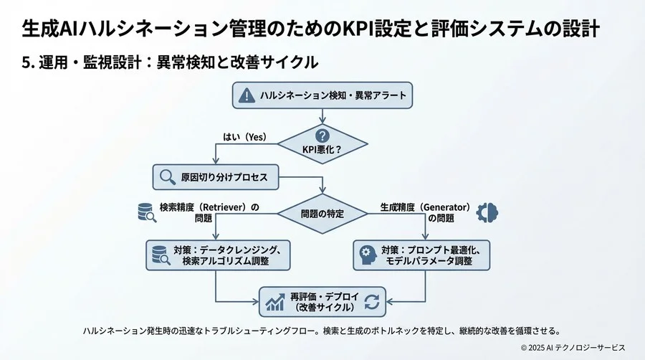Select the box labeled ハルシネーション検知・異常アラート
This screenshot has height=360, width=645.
point(322,95)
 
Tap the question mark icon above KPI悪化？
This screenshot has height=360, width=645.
point(322,134)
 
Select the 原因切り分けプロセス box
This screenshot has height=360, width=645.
point(216,176)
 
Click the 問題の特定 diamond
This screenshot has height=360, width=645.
point(322,213)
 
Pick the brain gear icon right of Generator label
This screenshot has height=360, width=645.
point(489,212)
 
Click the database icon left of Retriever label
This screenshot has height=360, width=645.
point(146,212)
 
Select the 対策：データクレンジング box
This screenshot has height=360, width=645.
point(218,255)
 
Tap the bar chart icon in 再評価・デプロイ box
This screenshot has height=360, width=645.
point(274,302)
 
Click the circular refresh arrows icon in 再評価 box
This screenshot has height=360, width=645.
point(371,302)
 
